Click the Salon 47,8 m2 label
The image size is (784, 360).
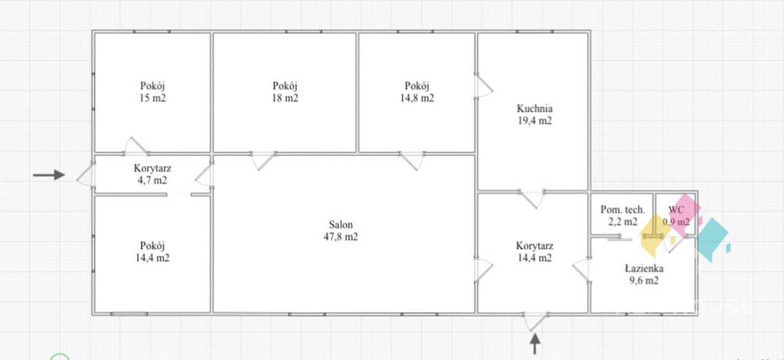(x=341, y=231)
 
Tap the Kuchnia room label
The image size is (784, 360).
(x=535, y=114)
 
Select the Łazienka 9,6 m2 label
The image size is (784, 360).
(x=644, y=274)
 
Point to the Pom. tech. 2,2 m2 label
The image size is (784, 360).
(x=623, y=216)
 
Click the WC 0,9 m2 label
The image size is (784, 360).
(x=676, y=216)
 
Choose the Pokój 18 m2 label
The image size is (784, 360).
(x=285, y=92)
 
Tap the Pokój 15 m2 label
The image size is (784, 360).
(x=153, y=92)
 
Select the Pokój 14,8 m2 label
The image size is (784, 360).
(x=417, y=92)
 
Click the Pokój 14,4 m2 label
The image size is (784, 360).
(x=153, y=252)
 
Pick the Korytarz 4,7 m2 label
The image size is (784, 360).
(x=153, y=174)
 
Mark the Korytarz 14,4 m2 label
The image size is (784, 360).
(x=535, y=252)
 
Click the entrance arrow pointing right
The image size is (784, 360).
(x=49, y=174)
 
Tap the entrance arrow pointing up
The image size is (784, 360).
(x=535, y=344)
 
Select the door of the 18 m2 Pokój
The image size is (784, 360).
(x=264, y=161)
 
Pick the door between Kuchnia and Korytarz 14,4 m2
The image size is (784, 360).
(x=531, y=199)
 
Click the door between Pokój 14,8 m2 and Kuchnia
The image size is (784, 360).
(x=484, y=86)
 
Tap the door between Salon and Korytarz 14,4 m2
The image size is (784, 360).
(x=484, y=270)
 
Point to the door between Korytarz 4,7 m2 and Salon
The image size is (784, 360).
(x=204, y=175)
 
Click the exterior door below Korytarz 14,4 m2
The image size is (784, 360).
(x=535, y=322)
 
